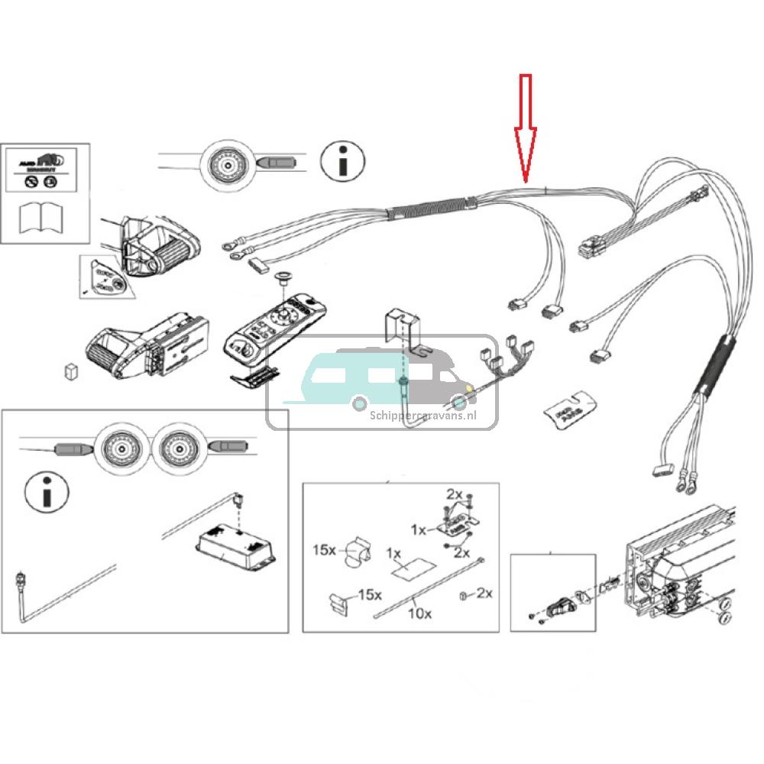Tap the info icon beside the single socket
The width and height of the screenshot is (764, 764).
342,160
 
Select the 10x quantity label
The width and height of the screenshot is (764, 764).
419,612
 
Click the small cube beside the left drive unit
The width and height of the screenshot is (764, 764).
71,371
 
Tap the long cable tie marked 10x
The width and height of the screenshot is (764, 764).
428,588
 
